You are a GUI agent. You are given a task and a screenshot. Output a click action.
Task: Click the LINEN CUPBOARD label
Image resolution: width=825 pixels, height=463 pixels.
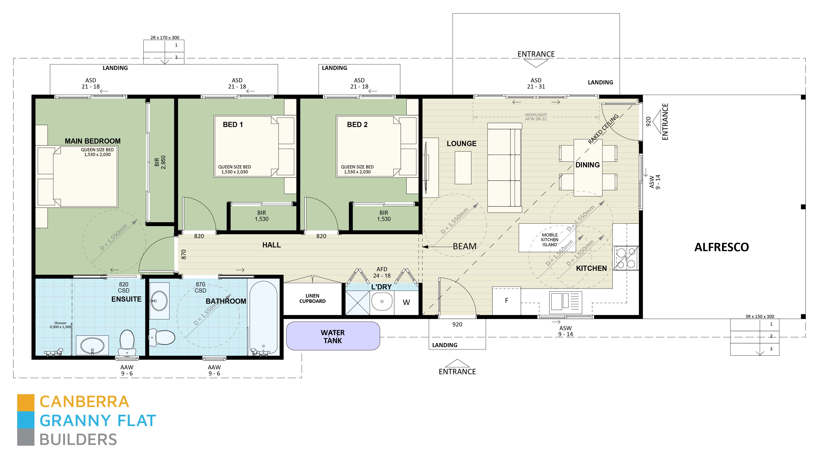312,298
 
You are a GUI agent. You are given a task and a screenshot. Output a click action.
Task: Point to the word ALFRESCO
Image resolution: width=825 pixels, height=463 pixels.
721,247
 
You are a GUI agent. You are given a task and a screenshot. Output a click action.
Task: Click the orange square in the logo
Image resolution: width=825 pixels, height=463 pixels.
26,402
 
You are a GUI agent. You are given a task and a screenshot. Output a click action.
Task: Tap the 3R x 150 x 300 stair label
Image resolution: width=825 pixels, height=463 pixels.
760,316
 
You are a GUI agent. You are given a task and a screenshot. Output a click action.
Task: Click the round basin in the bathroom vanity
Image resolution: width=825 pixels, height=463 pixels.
159,301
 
